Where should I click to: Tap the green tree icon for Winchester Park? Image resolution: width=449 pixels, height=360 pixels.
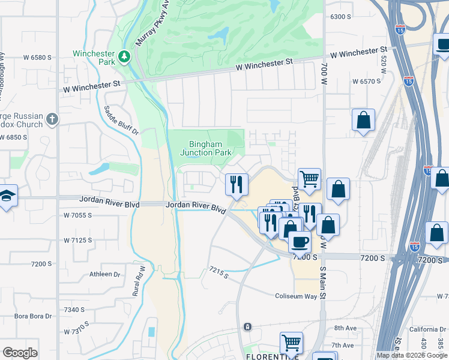(x=124, y=56)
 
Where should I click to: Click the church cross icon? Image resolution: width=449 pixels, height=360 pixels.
(x=52, y=119)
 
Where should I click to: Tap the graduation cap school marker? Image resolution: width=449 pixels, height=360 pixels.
(x=7, y=196)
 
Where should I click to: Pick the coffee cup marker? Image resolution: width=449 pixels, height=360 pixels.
(x=300, y=242)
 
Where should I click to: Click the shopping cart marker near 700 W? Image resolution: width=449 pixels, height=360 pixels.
(x=309, y=179)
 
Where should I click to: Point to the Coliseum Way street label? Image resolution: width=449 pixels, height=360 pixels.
(x=295, y=296)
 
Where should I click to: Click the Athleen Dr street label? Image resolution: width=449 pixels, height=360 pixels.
(x=104, y=274)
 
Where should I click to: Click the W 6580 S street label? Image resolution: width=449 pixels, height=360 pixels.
(x=37, y=58)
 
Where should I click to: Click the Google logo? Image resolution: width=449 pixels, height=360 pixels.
(x=20, y=353)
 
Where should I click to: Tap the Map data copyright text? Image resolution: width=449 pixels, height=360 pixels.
(x=412, y=355)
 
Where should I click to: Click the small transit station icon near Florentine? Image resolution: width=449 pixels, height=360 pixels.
(x=247, y=326)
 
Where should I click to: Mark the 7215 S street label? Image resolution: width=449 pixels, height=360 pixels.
(x=218, y=272)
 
